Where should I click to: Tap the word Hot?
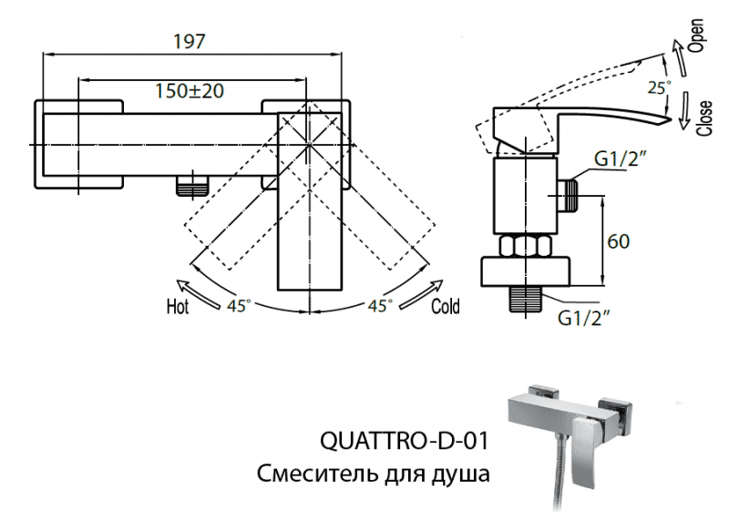[177, 307]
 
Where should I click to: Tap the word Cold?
[446, 307]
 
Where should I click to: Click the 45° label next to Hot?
[239, 303]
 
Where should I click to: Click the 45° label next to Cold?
[380, 303]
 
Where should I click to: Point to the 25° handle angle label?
[658, 87]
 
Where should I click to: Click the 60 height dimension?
[619, 241]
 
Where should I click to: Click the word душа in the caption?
[463, 475]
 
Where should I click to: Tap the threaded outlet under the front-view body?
[190, 186]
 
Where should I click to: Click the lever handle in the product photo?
[604, 447]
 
